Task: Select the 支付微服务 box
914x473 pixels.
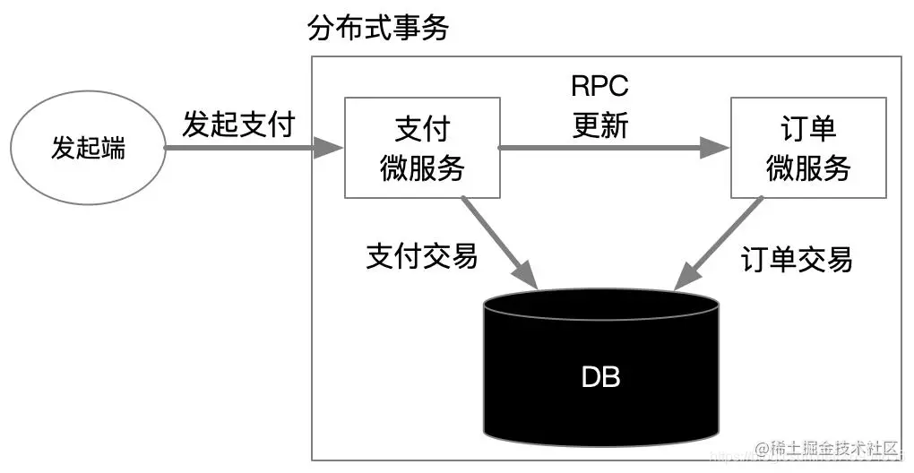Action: click(421, 149)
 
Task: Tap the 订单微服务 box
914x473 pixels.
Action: click(807, 149)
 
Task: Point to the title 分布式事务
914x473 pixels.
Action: click(377, 29)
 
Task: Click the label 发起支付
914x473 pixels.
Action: click(238, 125)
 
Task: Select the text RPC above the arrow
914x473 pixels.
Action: click(599, 87)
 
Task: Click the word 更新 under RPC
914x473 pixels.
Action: click(599, 126)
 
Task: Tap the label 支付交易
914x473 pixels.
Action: click(421, 257)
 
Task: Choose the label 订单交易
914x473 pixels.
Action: click(797, 260)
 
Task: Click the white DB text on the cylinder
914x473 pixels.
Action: click(600, 377)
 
